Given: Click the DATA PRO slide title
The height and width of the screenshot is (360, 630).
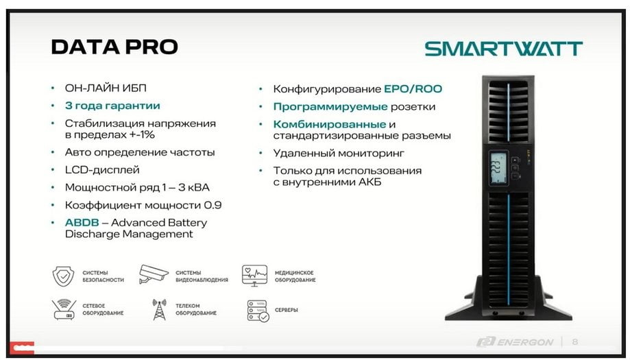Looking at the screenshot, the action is [x=114, y=47].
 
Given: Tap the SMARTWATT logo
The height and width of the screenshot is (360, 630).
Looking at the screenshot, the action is [x=503, y=49].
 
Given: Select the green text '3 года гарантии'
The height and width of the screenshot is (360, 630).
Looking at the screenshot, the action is [x=112, y=106].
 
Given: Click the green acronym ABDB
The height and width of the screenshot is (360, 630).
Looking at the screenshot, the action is [x=82, y=223].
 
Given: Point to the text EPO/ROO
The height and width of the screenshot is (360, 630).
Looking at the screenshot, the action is [x=413, y=88].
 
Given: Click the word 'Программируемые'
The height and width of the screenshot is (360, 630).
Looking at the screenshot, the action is [x=330, y=107].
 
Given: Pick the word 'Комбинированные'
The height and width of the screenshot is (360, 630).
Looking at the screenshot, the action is [x=330, y=124].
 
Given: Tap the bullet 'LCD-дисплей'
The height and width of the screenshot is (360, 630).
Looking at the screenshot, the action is [x=102, y=170].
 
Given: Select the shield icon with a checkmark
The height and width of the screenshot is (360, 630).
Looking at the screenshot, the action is [x=64, y=276].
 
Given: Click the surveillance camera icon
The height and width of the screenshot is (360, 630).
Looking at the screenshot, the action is [x=154, y=274].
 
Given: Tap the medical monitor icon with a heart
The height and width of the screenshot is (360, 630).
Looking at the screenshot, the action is [x=254, y=275].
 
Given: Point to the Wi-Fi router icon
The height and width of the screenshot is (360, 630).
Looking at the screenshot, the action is [x=64, y=309].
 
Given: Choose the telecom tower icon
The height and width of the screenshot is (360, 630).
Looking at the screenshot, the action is [x=160, y=309].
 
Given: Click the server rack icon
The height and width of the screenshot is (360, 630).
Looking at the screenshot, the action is [x=258, y=311].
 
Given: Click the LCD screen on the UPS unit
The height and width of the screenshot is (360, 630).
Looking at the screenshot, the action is [x=498, y=168].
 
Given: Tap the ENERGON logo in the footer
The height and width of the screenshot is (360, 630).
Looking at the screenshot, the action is [x=515, y=342].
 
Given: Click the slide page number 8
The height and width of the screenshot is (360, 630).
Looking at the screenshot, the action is [x=575, y=342].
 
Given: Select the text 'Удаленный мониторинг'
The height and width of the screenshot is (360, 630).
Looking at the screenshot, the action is [x=339, y=153].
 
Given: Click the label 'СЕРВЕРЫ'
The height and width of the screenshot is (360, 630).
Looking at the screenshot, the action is [x=286, y=310].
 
